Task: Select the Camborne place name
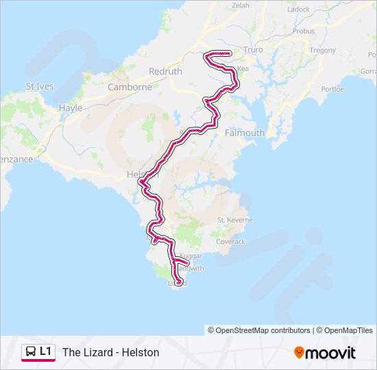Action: (130, 87)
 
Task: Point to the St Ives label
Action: (39, 86)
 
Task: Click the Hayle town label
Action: (71, 108)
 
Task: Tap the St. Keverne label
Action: (235, 219)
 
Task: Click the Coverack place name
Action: (230, 241)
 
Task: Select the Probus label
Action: (303, 31)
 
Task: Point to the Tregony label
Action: (322, 50)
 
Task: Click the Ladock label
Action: (299, 10)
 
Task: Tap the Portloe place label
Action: (332, 88)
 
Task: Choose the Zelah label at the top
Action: (241, 5)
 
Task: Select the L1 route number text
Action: (45, 351)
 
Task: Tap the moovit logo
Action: (325, 352)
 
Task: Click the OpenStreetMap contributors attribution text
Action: (263, 330)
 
